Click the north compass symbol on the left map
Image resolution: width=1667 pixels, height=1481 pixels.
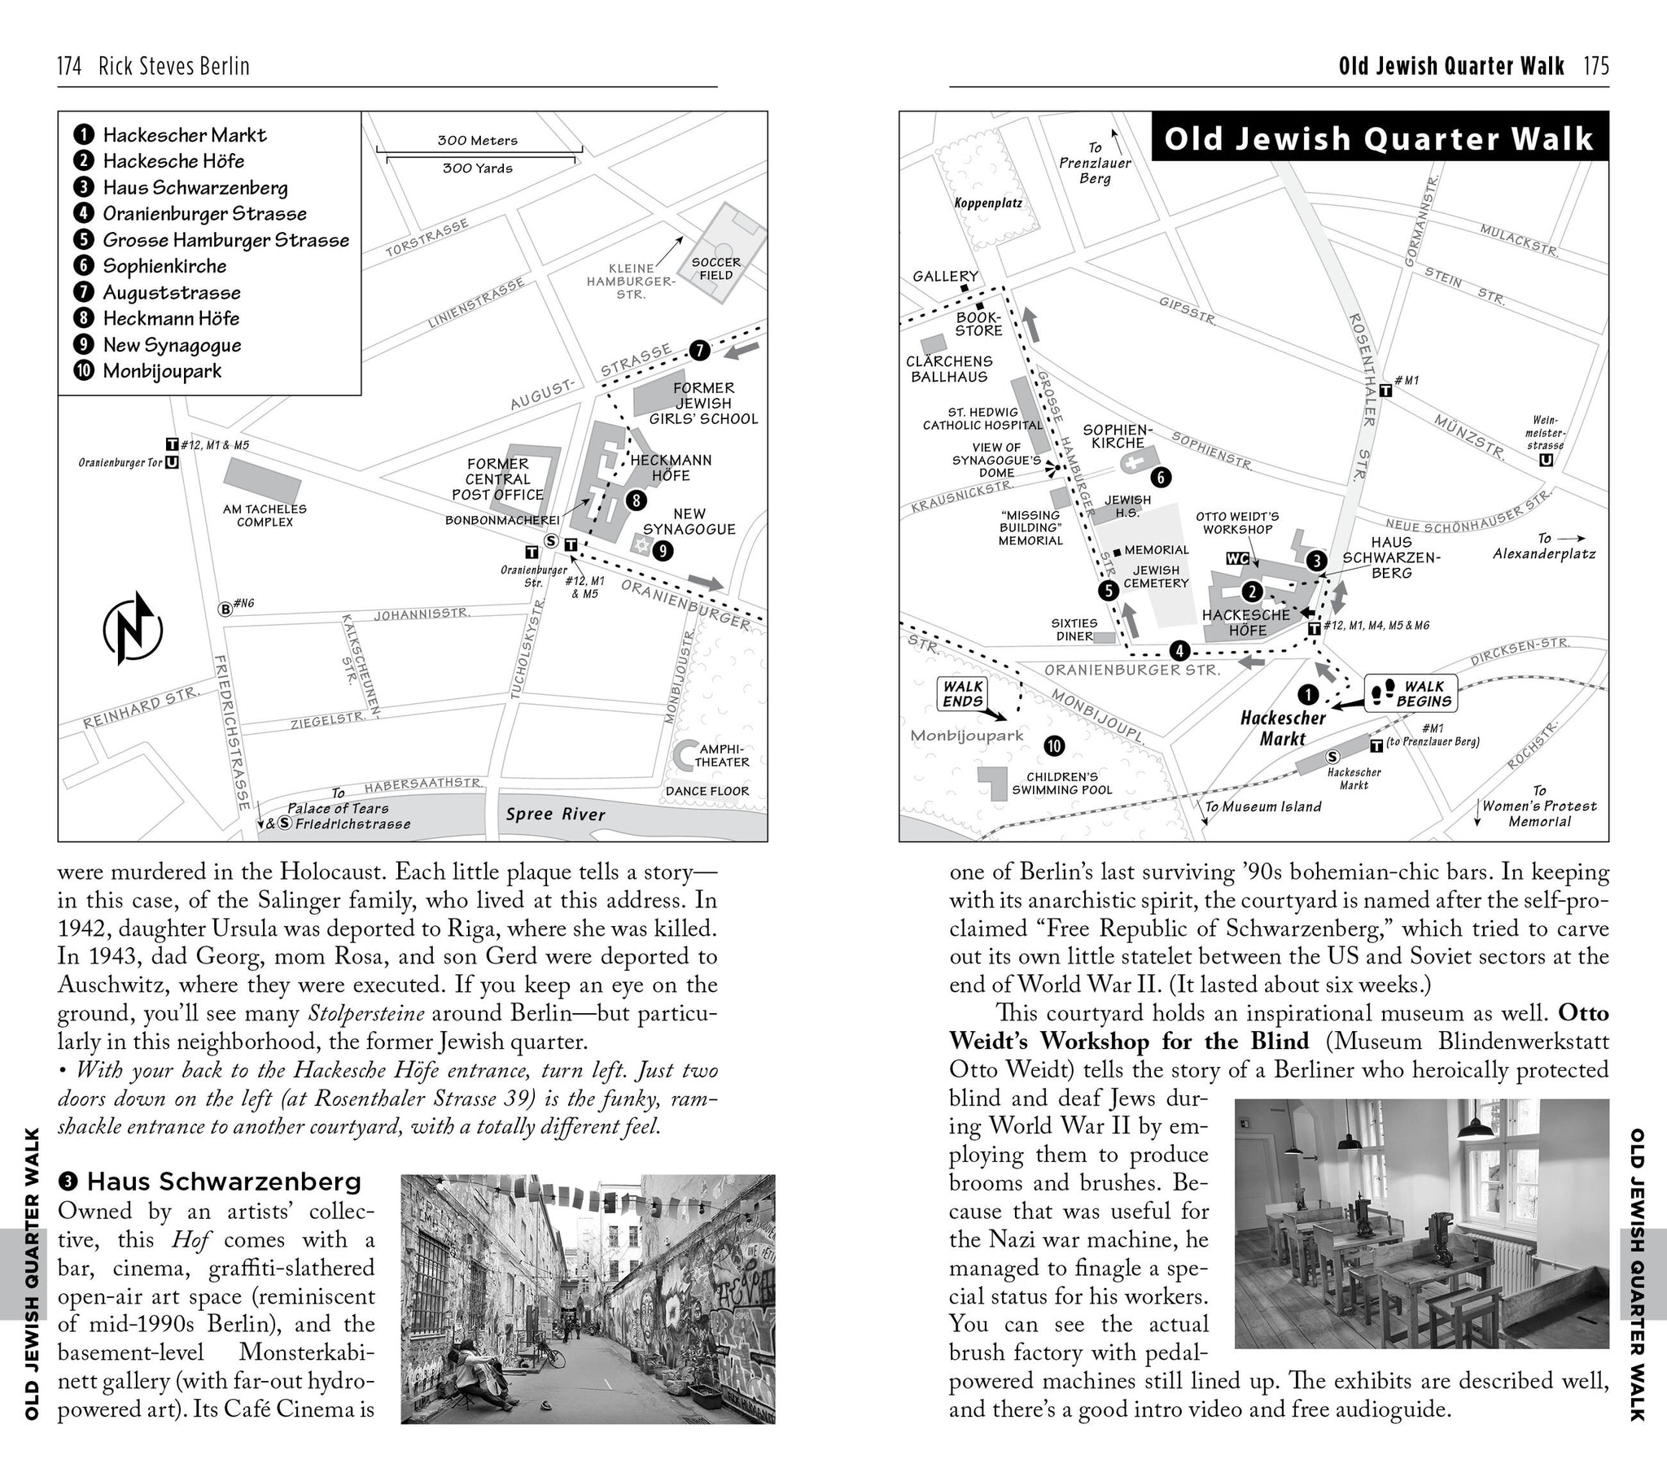tap(133, 629)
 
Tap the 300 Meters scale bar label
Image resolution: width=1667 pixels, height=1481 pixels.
tap(477, 140)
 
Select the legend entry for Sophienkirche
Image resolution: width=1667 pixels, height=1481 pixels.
tap(164, 266)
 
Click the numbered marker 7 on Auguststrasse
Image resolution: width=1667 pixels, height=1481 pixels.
tap(700, 351)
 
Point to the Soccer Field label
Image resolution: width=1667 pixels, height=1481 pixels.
tap(716, 269)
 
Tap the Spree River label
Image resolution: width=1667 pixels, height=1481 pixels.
tap(555, 814)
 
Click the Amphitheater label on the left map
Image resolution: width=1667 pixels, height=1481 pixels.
tap(721, 755)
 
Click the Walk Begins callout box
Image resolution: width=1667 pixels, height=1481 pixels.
tap(1411, 693)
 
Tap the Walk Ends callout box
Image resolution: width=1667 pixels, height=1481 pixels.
tap(963, 693)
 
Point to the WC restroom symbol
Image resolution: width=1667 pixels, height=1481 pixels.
tap(1237, 558)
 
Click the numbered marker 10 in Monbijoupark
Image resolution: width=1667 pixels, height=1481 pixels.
tap(1055, 745)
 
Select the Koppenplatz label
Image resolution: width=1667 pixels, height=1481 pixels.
tap(988, 203)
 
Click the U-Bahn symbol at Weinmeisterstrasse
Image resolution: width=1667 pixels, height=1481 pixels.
tap(1546, 460)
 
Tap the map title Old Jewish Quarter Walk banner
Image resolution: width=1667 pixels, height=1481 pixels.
tap(1378, 138)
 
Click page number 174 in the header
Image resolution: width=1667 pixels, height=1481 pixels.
tap(69, 66)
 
